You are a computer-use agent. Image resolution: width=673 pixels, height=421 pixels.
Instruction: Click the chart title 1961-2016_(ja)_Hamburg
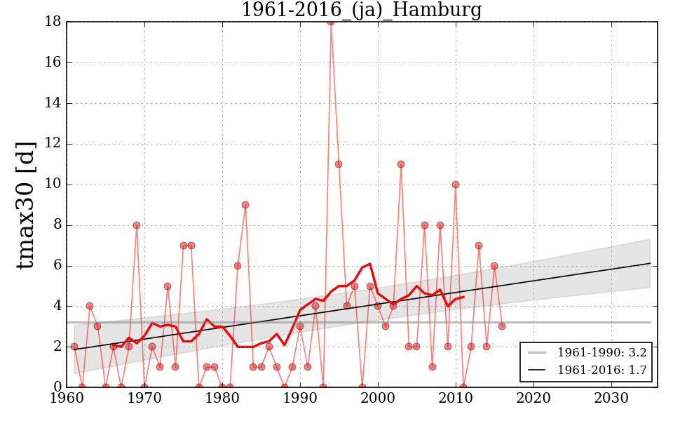click(x=361, y=11)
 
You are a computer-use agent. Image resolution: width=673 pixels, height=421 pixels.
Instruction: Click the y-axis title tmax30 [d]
click(x=26, y=203)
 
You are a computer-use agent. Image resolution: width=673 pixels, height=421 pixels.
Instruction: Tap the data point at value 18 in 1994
click(x=331, y=22)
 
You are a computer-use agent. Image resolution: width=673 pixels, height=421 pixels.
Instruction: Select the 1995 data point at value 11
click(x=339, y=164)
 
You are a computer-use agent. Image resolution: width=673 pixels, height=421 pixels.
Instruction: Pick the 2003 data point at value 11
click(x=401, y=164)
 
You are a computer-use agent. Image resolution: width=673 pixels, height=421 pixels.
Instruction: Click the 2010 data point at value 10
click(x=456, y=185)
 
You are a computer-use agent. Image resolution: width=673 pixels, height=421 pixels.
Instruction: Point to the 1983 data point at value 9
click(x=245, y=205)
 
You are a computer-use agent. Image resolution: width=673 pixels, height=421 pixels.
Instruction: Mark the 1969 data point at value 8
click(x=137, y=225)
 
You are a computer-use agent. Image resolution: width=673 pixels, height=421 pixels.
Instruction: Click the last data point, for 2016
click(x=502, y=326)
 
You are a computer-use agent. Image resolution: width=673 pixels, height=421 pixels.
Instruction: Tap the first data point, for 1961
click(x=74, y=347)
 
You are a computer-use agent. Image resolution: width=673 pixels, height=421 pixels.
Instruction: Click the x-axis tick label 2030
click(x=611, y=398)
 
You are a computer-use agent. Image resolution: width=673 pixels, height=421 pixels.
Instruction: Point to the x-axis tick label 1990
click(x=300, y=398)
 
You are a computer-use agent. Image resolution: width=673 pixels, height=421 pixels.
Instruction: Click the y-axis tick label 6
click(x=57, y=266)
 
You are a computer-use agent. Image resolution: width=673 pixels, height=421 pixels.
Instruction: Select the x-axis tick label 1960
click(x=67, y=398)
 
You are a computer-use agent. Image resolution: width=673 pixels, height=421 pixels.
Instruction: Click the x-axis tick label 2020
click(x=533, y=398)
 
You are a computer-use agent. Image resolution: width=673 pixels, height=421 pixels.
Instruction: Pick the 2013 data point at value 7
click(x=479, y=246)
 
